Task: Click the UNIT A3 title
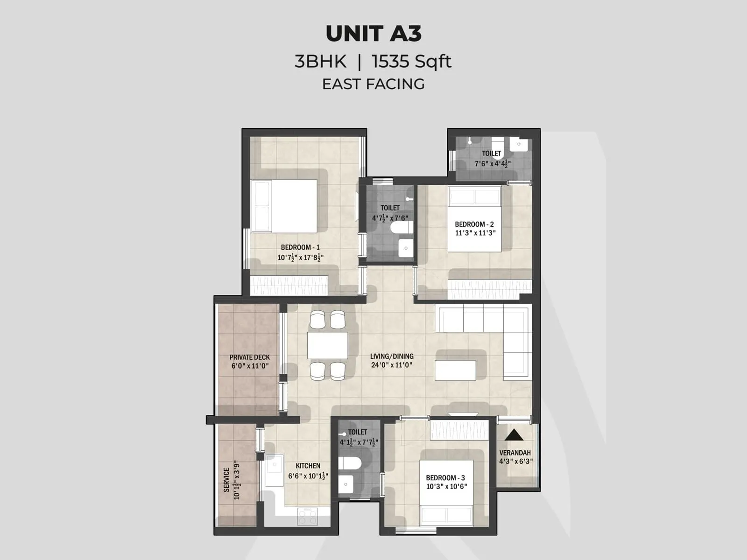pos(373,34)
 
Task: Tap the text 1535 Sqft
pos(411,62)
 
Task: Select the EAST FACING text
pos(373,84)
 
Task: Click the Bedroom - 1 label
pos(300,247)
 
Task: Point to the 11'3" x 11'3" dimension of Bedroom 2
pos(475,233)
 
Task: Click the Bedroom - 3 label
pos(445,477)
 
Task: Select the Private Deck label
pos(250,357)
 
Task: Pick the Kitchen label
pos(308,466)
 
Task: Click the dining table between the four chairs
pos(328,345)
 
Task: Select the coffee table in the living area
pos(455,371)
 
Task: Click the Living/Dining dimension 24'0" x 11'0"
pos(392,365)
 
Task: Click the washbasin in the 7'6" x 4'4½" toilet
pos(519,144)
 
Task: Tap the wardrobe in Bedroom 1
pos(289,285)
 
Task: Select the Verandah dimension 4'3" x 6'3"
pos(515,462)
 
